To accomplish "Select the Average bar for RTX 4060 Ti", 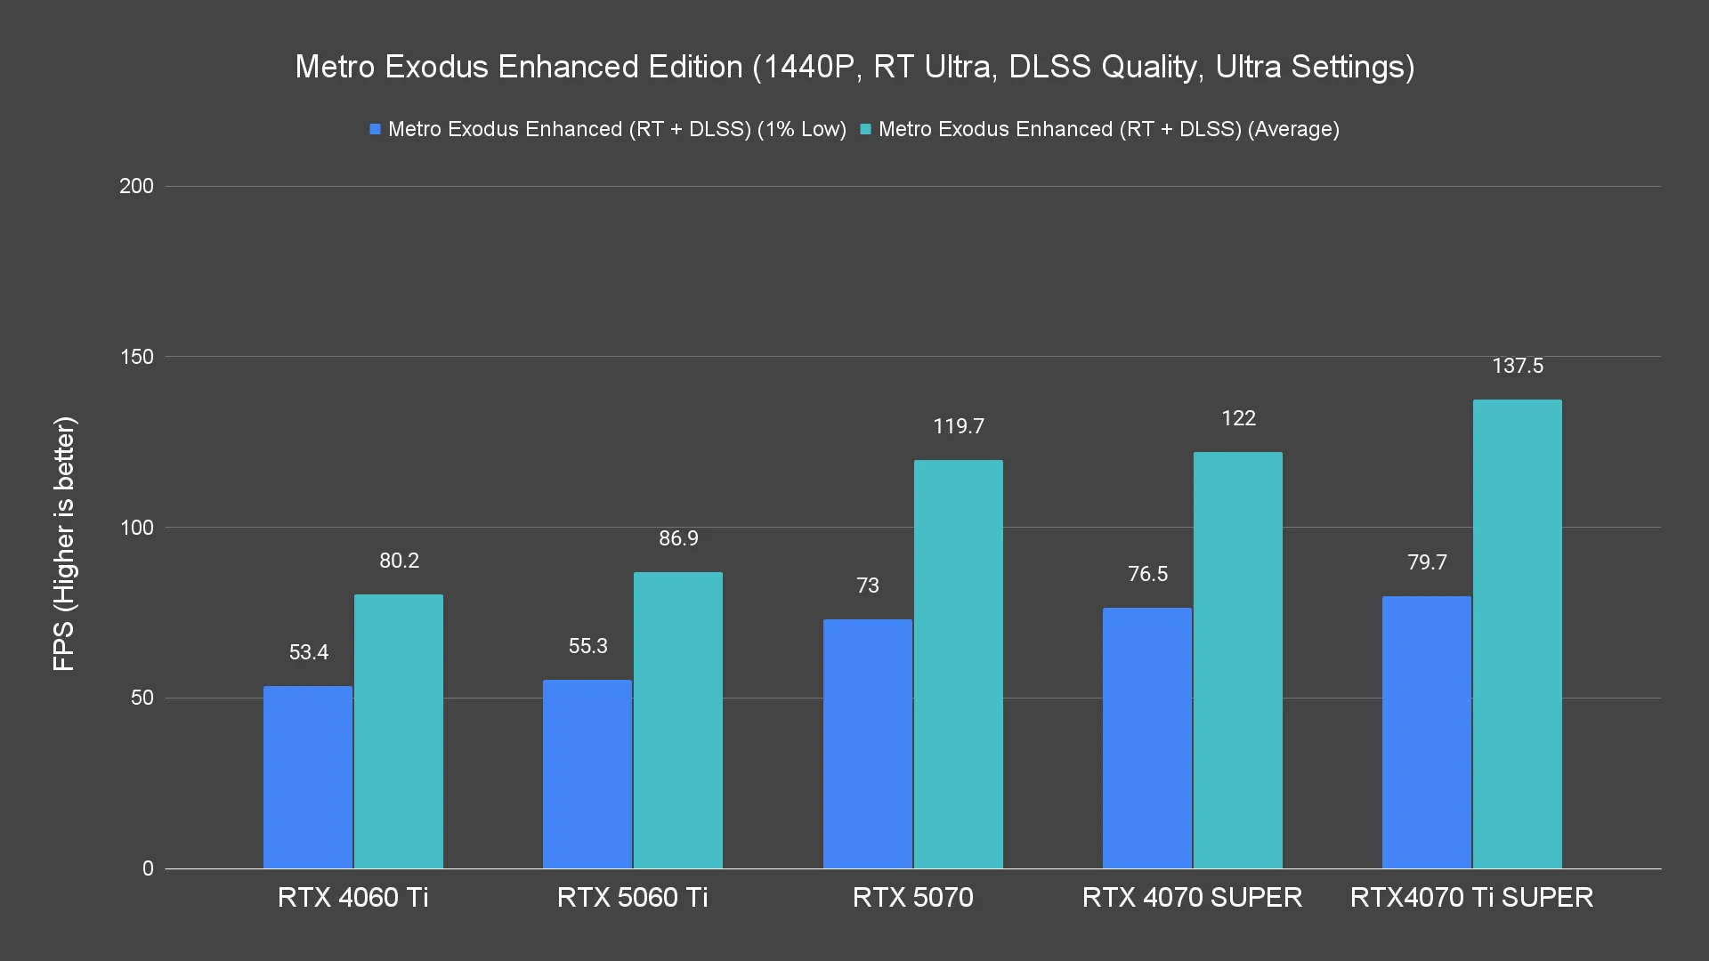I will pyautogui.click(x=399, y=731).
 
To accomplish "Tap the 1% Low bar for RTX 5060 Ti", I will pyautogui.click(x=587, y=774).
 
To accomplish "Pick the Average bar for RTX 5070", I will pyautogui.click(x=958, y=664).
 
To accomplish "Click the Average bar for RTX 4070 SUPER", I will pyautogui.click(x=1237, y=660).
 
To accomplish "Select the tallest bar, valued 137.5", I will pyautogui.click(x=1517, y=634).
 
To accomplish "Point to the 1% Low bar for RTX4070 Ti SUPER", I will pyautogui.click(x=1426, y=732).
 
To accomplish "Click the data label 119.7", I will pyautogui.click(x=958, y=426).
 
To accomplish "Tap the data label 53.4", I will pyautogui.click(x=309, y=652).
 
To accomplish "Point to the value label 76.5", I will pyautogui.click(x=1147, y=574).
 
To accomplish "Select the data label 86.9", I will pyautogui.click(x=678, y=538).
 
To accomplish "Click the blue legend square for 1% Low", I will pyautogui.click(x=376, y=130).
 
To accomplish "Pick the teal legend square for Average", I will pyautogui.click(x=865, y=130).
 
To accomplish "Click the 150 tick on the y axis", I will pyautogui.click(x=136, y=357).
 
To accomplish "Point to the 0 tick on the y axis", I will pyautogui.click(x=148, y=868).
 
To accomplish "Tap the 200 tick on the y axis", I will pyautogui.click(x=136, y=186).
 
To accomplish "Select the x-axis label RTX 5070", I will pyautogui.click(x=912, y=897).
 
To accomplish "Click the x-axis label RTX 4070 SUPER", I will pyautogui.click(x=1192, y=897).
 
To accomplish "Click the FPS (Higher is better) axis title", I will pyautogui.click(x=64, y=544).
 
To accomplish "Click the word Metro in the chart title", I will pyautogui.click(x=336, y=67).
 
